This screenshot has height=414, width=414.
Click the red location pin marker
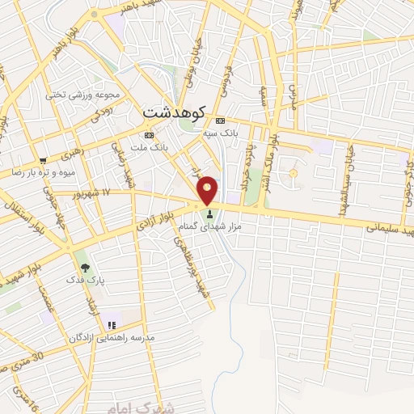208,189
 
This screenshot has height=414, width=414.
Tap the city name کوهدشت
175,112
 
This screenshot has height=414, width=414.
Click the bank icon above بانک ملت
148,135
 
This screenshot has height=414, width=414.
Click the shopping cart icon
43,159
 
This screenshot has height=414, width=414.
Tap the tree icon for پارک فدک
84,266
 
